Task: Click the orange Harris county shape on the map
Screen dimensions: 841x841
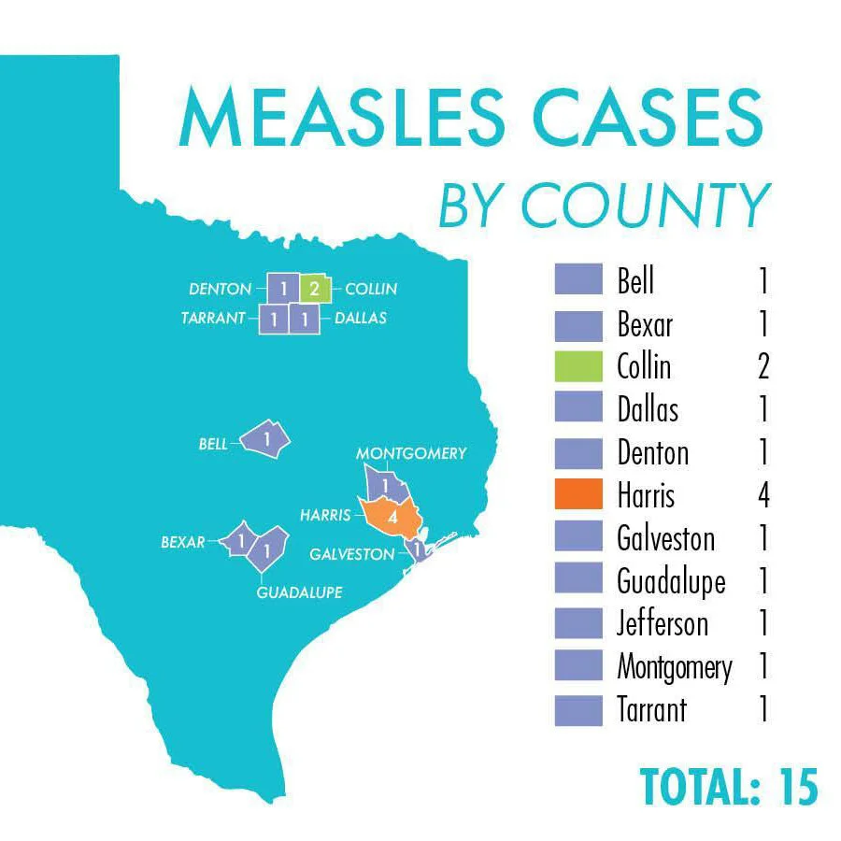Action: coord(391,516)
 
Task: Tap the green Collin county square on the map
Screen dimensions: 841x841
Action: coord(314,289)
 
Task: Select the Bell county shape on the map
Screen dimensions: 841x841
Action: coord(266,438)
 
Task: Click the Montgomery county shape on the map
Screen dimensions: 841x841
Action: coord(384,485)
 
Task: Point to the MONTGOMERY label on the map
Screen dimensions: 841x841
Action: coord(411,453)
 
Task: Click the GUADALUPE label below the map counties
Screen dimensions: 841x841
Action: coord(300,592)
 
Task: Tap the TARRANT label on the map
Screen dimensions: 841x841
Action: coord(214,319)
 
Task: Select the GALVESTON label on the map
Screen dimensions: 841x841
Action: coord(352,554)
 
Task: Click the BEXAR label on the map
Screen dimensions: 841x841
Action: coord(183,541)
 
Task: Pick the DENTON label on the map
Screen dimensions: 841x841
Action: coord(221,289)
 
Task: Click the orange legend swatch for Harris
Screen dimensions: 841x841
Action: coord(578,494)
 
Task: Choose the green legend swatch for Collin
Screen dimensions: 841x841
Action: coord(578,366)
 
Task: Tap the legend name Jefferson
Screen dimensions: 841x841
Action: coord(663,623)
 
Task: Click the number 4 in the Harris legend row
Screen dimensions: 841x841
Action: coord(763,494)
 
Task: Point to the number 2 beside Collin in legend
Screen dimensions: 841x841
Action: coord(763,366)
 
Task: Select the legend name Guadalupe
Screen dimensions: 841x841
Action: coord(671,581)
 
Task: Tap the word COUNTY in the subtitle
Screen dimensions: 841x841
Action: coord(645,206)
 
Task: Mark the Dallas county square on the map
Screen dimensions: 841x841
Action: coord(305,319)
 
